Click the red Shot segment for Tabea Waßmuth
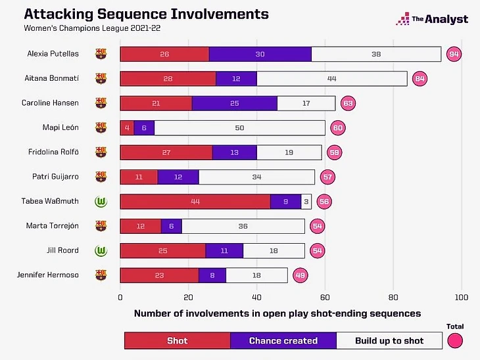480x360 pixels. point(195,202)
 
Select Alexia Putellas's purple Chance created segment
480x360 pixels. point(260,54)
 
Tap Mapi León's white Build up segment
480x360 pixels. point(240,127)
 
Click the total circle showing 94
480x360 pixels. point(454,54)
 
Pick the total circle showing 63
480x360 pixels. point(348,103)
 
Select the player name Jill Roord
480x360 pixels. point(64,250)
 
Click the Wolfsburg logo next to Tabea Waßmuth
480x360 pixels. point(101,202)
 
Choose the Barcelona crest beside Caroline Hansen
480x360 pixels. point(101,103)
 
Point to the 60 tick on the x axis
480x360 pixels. point(325,297)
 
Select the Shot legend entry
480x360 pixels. point(178,340)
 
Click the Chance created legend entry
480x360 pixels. point(283,340)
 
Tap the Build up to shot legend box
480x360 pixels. point(389,340)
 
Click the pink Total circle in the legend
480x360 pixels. point(454,340)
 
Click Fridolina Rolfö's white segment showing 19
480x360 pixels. point(289,152)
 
